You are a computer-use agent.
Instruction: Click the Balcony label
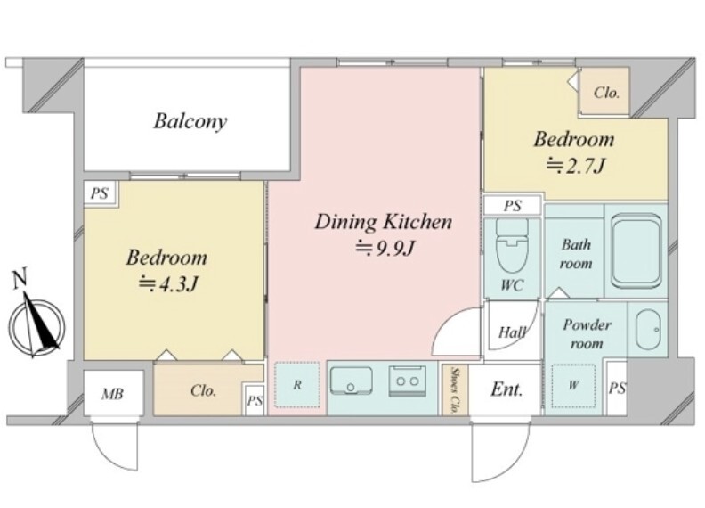[190, 121]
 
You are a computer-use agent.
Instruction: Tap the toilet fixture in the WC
[512, 246]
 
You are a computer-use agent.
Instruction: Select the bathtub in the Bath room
[636, 251]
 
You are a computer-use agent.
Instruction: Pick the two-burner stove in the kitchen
[408, 381]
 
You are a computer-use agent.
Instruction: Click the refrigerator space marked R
[297, 385]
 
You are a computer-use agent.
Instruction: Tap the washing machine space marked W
[573, 386]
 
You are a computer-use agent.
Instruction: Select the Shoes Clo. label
[455, 390]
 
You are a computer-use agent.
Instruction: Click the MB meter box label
[112, 394]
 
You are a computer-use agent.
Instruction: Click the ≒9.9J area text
[385, 248]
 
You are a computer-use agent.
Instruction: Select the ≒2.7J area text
[575, 166]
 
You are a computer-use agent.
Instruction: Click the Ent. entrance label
[506, 389]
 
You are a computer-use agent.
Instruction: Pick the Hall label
[513, 332]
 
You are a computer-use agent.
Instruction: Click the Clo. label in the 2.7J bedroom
[606, 93]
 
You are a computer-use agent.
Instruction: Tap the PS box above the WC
[512, 206]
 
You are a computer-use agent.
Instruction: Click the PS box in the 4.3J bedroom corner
[100, 193]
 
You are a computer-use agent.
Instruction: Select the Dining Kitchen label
[384, 222]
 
